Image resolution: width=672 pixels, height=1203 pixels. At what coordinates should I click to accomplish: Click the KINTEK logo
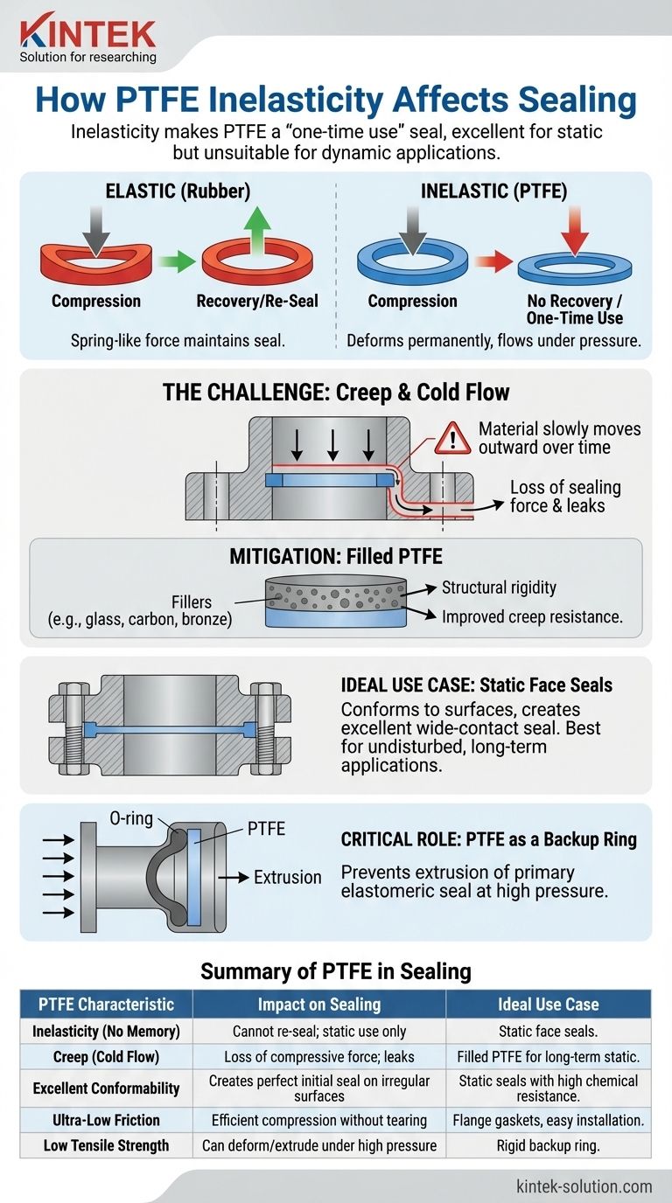click(x=87, y=35)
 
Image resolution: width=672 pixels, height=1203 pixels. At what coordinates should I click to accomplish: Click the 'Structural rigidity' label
click(x=499, y=588)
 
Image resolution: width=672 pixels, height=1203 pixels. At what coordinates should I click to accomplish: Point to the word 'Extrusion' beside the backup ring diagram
click(x=288, y=877)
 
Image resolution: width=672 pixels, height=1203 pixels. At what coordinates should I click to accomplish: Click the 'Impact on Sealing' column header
click(x=318, y=1004)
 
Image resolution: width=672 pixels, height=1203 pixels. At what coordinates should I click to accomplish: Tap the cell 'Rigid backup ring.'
click(x=548, y=1145)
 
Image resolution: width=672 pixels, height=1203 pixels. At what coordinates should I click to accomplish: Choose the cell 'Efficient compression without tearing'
click(x=318, y=1119)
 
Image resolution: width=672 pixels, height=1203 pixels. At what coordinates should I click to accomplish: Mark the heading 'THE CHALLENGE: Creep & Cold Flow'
click(x=336, y=392)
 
